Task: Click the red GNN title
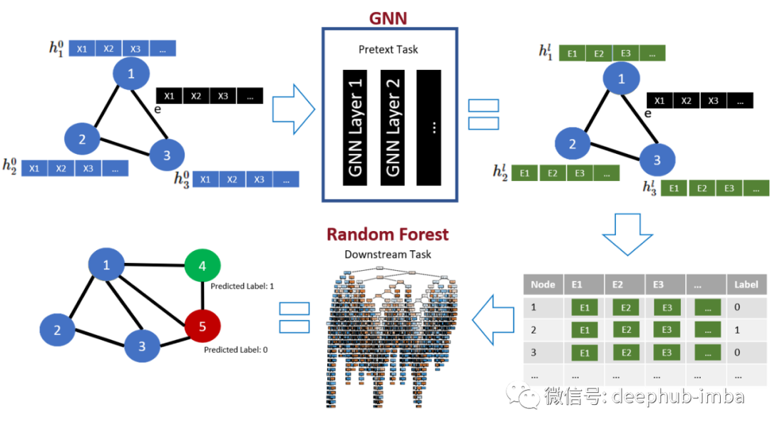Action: (x=389, y=19)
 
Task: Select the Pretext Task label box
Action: (x=388, y=49)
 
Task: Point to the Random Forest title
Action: (x=388, y=234)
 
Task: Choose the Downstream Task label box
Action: (x=388, y=254)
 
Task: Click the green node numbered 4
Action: (x=202, y=266)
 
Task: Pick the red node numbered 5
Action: (x=202, y=326)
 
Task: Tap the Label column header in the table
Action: (x=746, y=284)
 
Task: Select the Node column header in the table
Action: (x=543, y=284)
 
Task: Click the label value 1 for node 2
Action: (x=737, y=330)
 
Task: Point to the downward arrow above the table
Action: (x=627, y=233)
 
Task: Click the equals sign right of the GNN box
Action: (x=483, y=115)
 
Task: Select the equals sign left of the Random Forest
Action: (x=294, y=318)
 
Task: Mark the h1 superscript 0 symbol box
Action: (x=55, y=48)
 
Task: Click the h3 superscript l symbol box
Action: (x=649, y=187)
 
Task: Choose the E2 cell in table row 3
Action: (x=625, y=353)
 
